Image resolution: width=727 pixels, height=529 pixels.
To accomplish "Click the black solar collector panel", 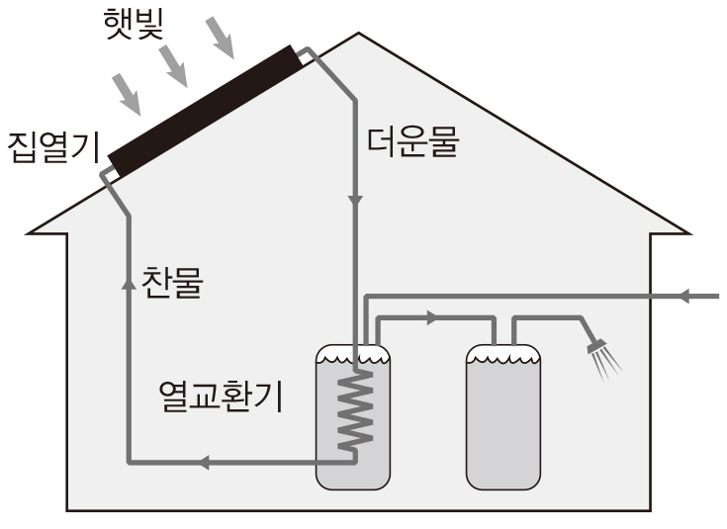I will tap(204, 108).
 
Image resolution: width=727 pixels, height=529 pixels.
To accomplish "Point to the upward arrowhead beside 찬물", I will tap(129, 282).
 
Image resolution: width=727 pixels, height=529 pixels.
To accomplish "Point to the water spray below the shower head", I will tap(607, 364).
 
